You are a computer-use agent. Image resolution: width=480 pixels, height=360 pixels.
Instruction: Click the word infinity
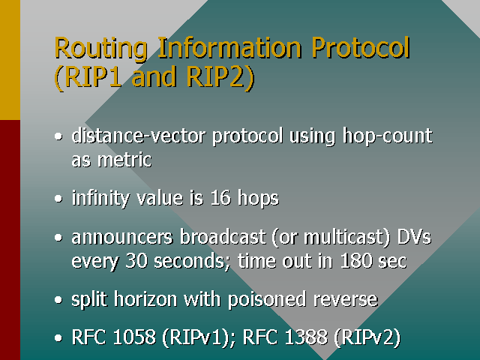(x=100, y=199)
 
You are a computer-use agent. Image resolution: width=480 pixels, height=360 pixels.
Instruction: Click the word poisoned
(x=270, y=300)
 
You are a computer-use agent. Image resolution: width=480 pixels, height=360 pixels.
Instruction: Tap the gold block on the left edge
(x=10, y=60)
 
